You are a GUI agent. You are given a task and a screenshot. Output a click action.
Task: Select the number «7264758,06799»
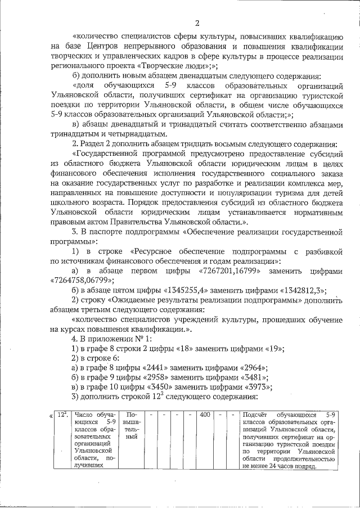83,280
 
